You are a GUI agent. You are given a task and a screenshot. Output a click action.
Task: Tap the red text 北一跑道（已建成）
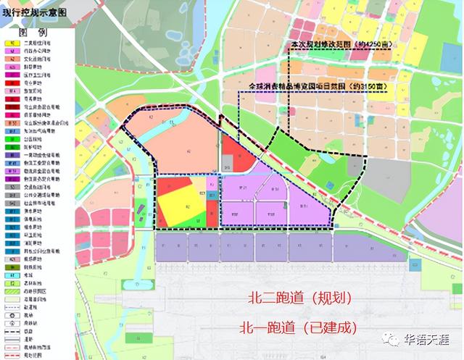[x=299, y=327]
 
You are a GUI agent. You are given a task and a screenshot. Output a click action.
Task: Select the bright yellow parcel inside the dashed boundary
[x=178, y=205]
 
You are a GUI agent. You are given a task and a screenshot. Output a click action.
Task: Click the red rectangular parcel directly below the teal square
[x=212, y=214]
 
